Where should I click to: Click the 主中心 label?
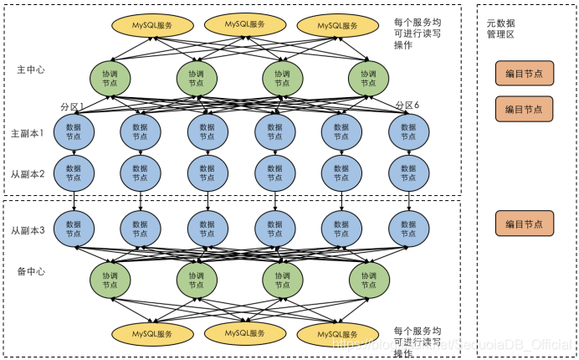(31, 69)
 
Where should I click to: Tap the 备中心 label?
(31, 272)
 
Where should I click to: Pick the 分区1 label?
(73, 106)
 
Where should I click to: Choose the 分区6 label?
(407, 105)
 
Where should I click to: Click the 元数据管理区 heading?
(501, 28)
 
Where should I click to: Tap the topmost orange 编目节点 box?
(524, 74)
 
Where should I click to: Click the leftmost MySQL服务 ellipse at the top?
(152, 26)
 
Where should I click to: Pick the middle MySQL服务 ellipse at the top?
(246, 24)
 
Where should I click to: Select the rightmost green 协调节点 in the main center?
(369, 79)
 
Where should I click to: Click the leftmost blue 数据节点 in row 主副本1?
(74, 131)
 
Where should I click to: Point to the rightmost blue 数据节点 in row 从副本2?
(408, 172)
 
